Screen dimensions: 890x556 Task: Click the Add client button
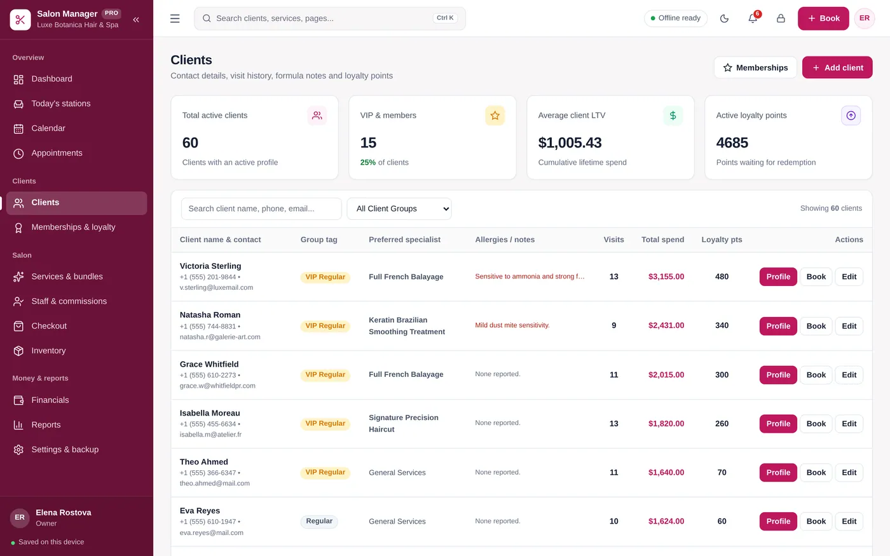pyautogui.click(x=837, y=67)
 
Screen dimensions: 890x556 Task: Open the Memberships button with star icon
pyautogui.click(x=755, y=67)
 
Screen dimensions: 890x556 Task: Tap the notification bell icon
pyautogui.click(x=753, y=18)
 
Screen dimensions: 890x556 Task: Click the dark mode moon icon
pyautogui.click(x=724, y=18)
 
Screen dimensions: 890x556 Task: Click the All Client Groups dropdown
pyautogui.click(x=399, y=209)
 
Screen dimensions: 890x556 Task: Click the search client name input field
pyautogui.click(x=261, y=209)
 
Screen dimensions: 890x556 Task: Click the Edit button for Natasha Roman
pyautogui.click(x=849, y=326)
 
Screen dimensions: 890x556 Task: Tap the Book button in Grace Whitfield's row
pyautogui.click(x=816, y=375)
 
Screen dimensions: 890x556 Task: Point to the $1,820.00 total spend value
pyautogui.click(x=666, y=424)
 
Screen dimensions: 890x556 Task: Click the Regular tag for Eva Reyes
pyautogui.click(x=319, y=522)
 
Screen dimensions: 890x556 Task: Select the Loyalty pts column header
pyautogui.click(x=722, y=240)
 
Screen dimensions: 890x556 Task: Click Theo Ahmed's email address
pyautogui.click(x=215, y=484)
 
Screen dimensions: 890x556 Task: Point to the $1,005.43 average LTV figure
pyautogui.click(x=570, y=142)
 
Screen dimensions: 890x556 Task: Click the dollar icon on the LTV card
pyautogui.click(x=673, y=116)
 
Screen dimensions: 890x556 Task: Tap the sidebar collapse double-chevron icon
pyautogui.click(x=136, y=20)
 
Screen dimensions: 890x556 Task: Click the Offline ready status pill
pyautogui.click(x=675, y=18)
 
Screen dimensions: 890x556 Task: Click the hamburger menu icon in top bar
pyautogui.click(x=175, y=18)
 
